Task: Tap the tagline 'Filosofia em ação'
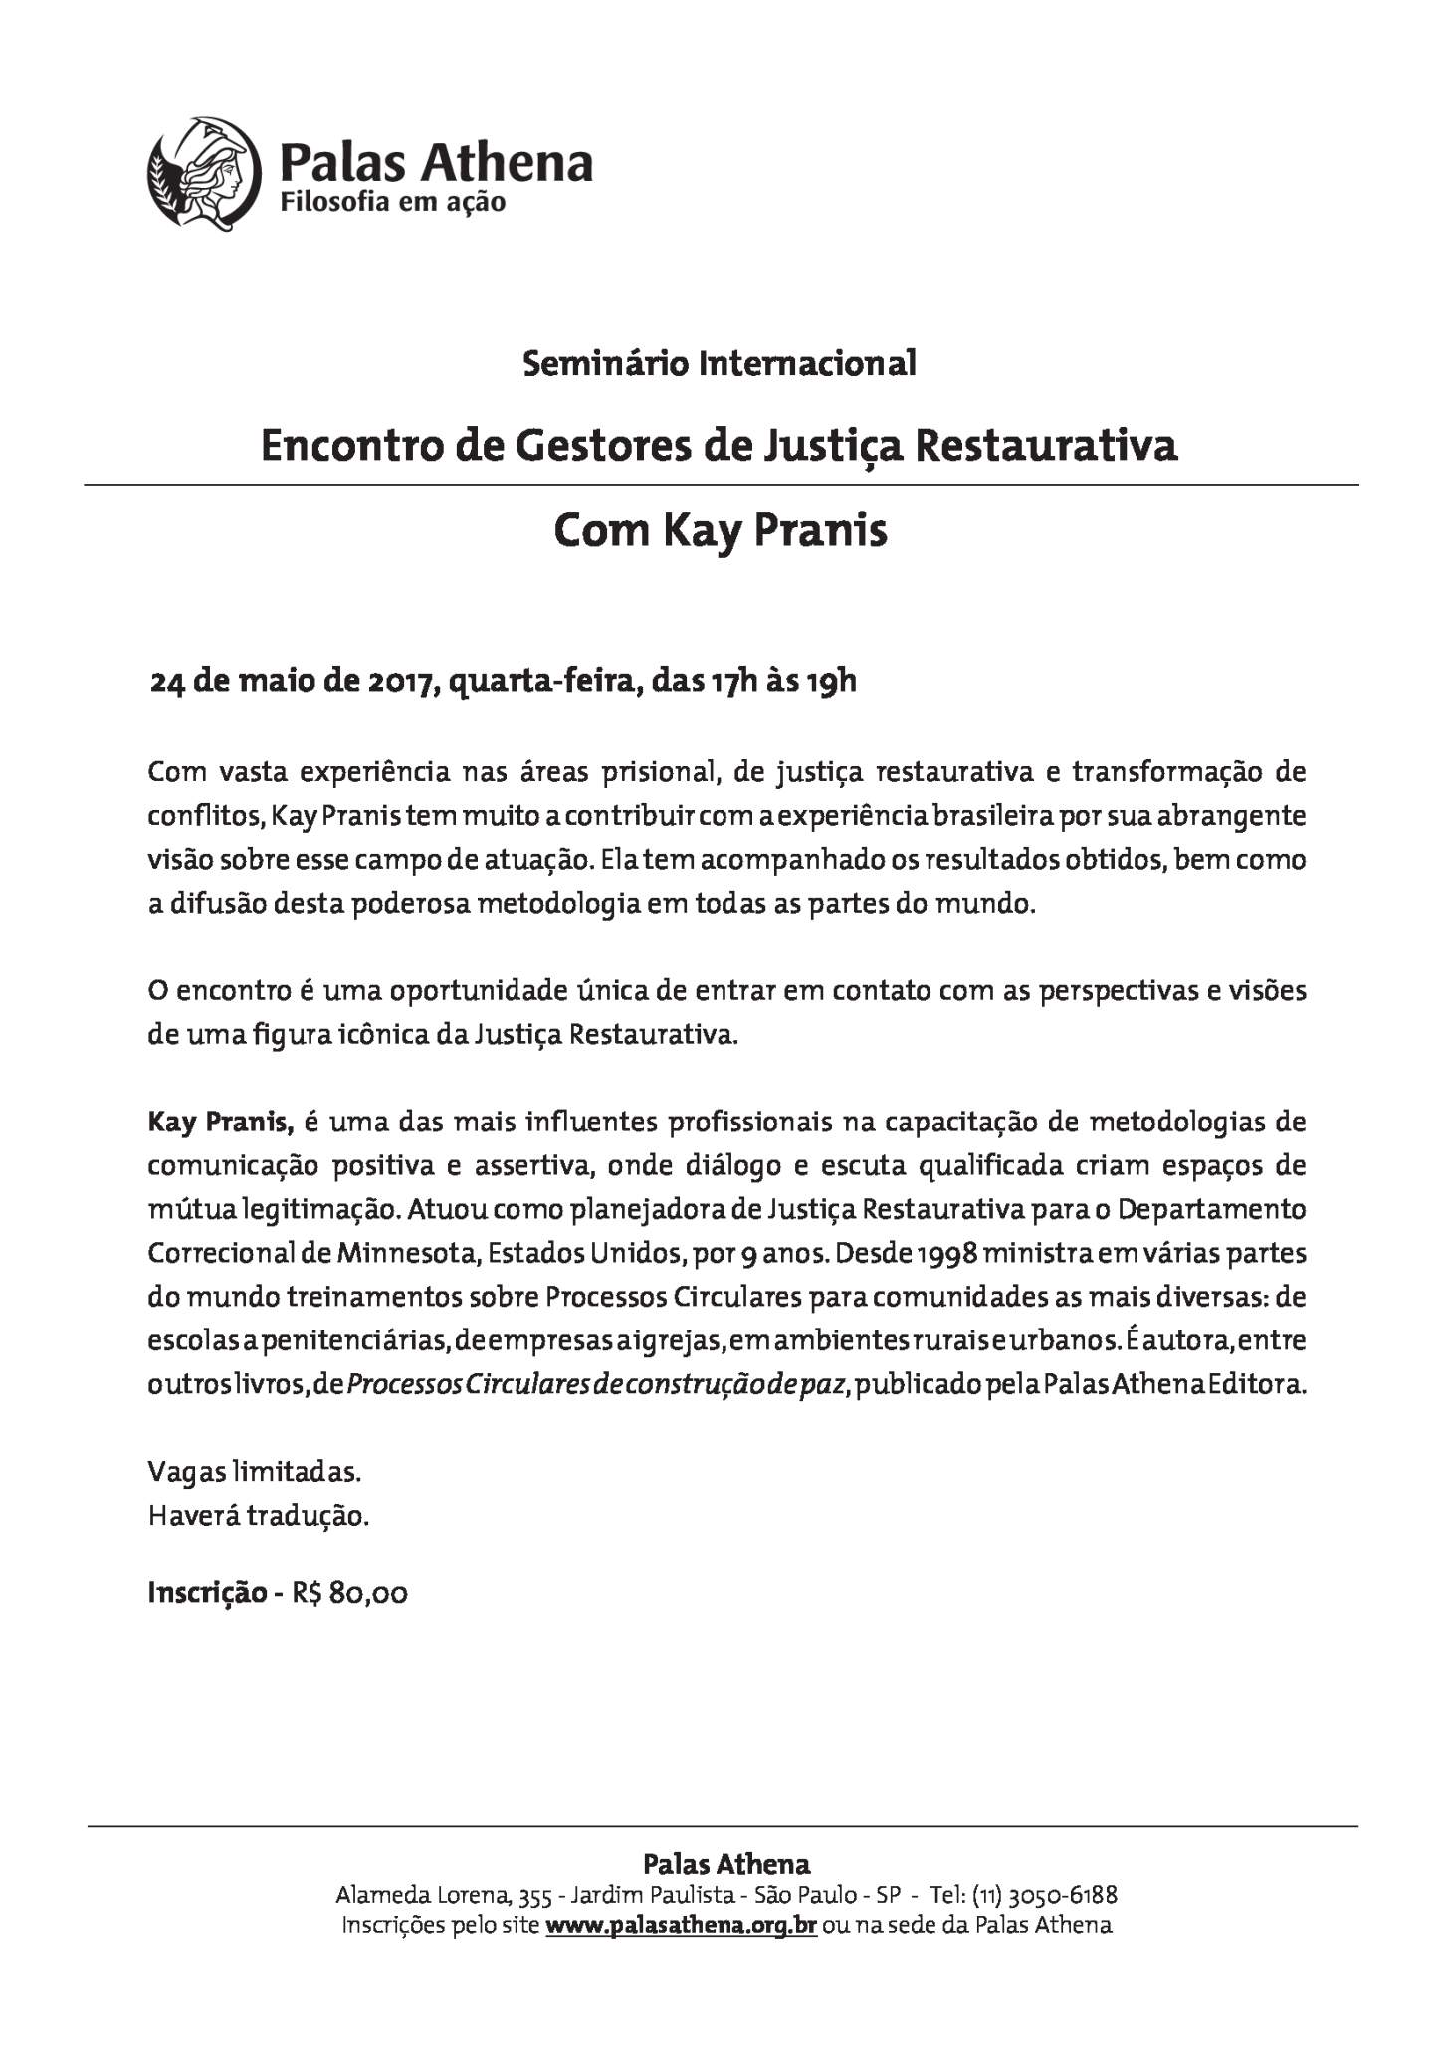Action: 392,202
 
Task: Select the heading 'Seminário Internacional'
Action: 720,363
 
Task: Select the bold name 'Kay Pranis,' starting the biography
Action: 220,1123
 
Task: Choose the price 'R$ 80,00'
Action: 349,1593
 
